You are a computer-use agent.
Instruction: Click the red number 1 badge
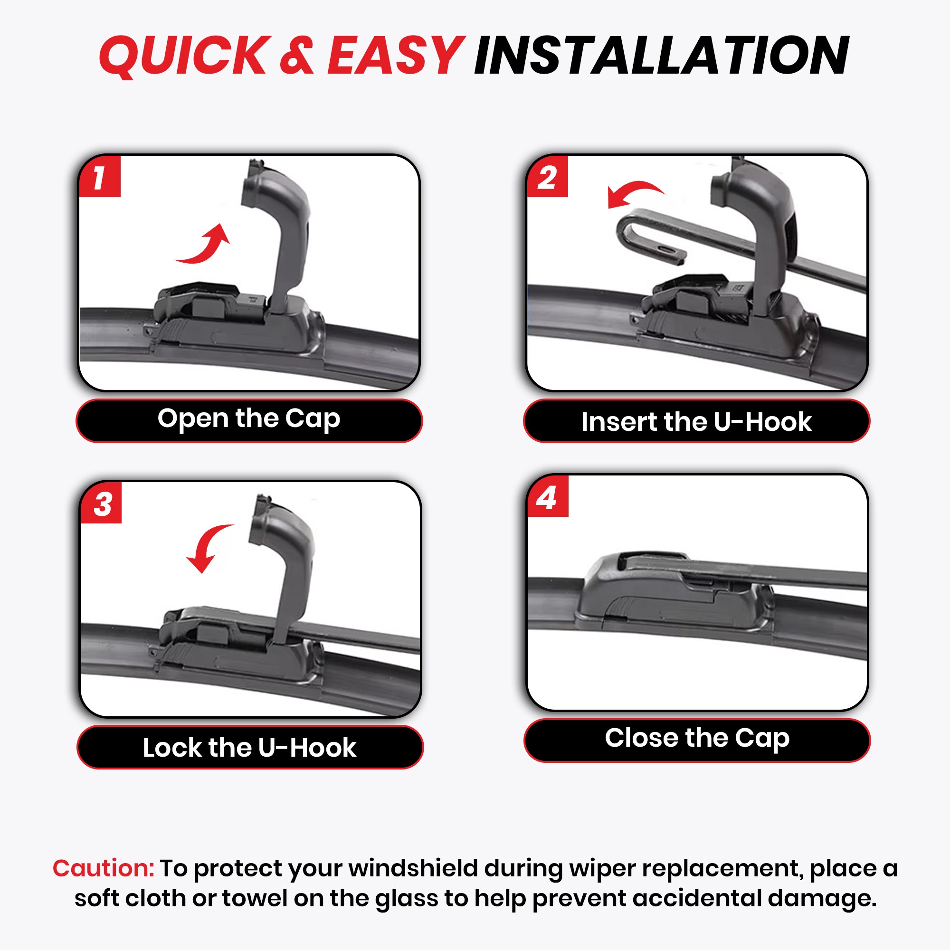point(100,177)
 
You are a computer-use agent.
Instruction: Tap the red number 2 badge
point(547,177)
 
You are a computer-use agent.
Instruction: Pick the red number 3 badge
point(101,503)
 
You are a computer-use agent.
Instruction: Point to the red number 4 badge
point(548,497)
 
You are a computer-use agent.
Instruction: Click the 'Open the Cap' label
point(249,419)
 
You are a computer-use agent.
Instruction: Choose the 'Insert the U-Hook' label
point(696,422)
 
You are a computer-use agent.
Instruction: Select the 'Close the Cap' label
point(697,739)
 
